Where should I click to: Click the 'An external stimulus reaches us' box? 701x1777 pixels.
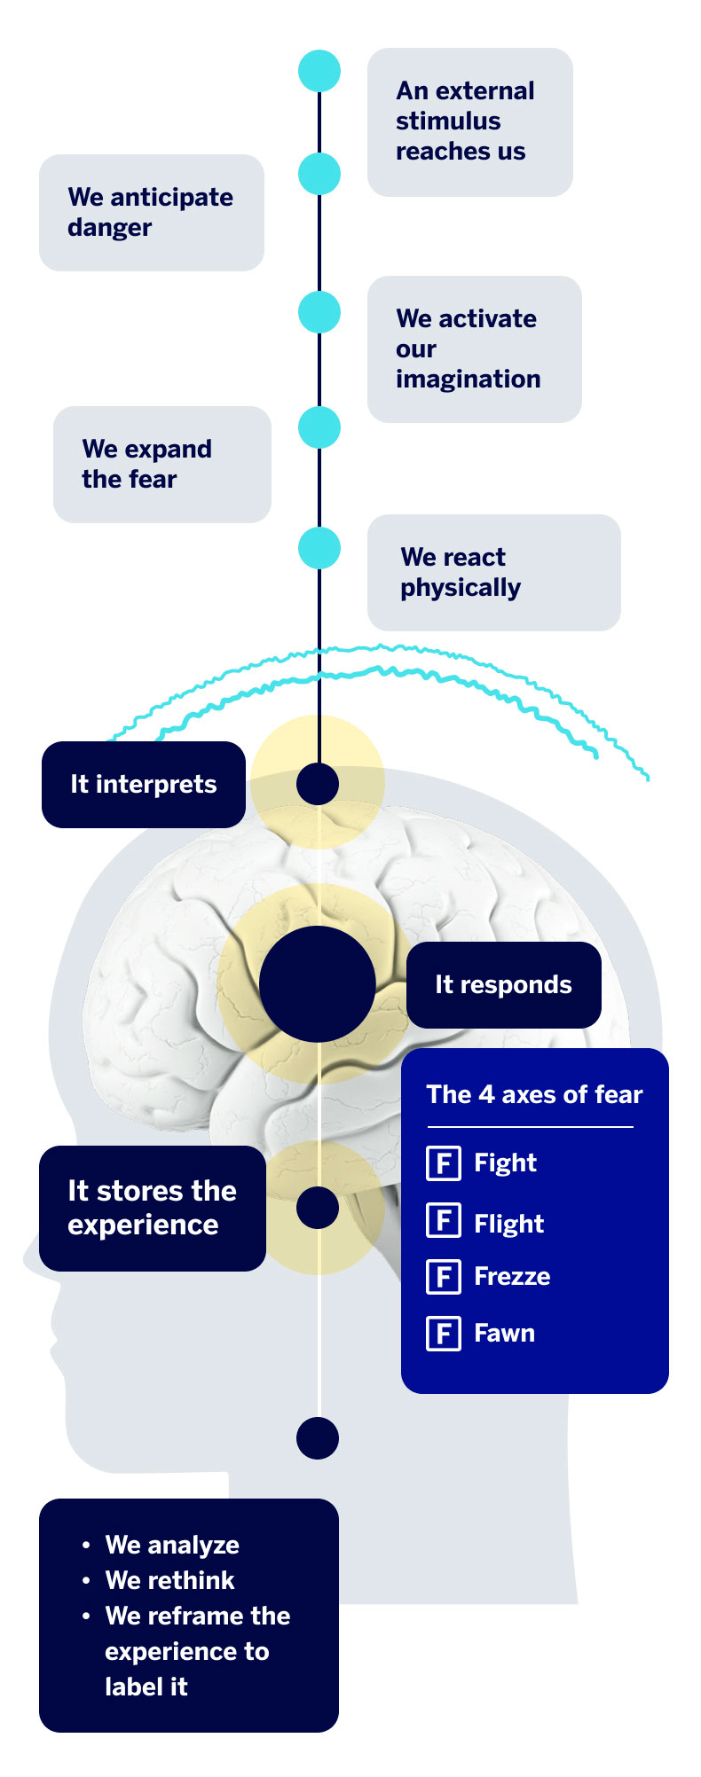click(469, 121)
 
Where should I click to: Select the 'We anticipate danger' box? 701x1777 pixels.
click(151, 212)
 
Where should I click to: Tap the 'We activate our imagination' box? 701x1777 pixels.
click(474, 348)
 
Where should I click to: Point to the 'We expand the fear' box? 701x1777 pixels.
click(161, 464)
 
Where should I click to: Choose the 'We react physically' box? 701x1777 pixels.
click(493, 572)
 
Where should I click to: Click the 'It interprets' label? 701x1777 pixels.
click(143, 784)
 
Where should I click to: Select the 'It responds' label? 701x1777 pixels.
click(503, 984)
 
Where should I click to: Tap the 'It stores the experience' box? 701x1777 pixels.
click(152, 1208)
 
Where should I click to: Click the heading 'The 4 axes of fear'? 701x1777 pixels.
click(534, 1094)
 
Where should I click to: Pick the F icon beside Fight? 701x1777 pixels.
click(444, 1162)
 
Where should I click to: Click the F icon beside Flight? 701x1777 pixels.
click(444, 1221)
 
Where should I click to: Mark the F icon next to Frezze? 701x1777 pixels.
click(444, 1277)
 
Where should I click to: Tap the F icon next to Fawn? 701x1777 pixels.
click(444, 1333)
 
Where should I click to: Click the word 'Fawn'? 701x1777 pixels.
click(504, 1333)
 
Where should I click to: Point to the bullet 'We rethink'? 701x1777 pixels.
click(169, 1580)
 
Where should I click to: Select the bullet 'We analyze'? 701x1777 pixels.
click(172, 1545)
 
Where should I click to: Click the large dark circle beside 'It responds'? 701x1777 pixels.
click(318, 984)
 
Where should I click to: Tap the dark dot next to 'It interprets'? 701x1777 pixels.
click(318, 784)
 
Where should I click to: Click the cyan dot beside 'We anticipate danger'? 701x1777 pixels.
click(319, 173)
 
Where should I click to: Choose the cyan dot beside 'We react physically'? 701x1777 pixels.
click(319, 548)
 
